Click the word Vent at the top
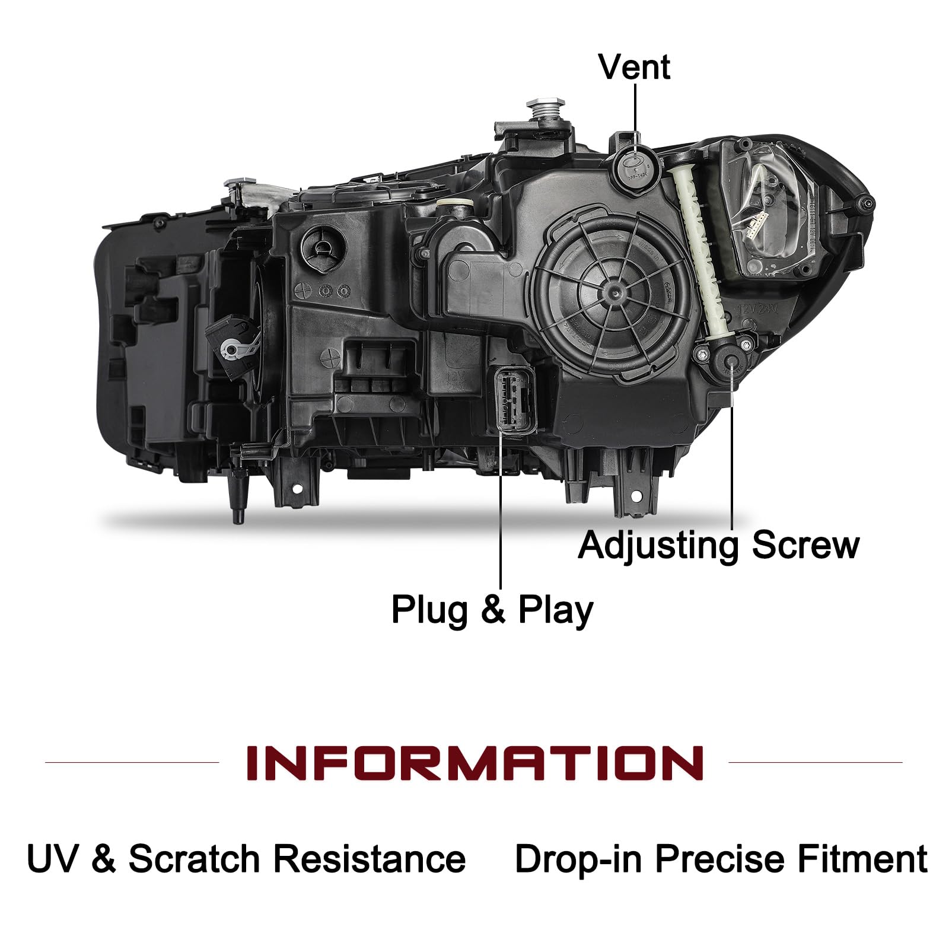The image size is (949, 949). click(634, 66)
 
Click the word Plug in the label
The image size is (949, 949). click(430, 610)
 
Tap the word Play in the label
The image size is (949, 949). click(555, 610)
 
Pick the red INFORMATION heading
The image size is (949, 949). click(474, 763)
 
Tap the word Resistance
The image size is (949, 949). click(369, 859)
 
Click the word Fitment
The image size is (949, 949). click(862, 859)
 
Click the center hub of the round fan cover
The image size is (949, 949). click(611, 292)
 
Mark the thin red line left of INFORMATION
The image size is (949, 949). click(132, 762)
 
